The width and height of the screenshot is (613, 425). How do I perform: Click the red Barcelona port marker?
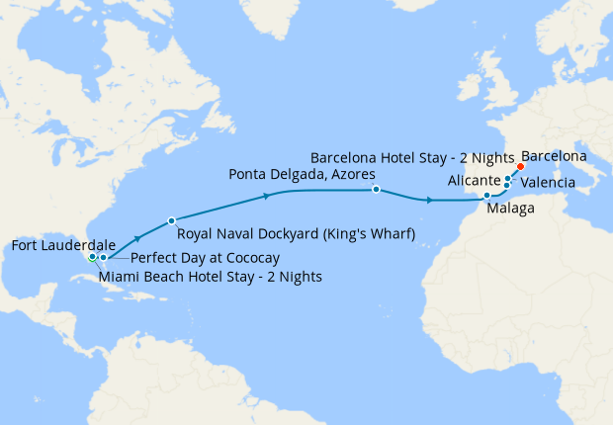point(520,167)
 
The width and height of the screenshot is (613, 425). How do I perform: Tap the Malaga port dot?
point(486,195)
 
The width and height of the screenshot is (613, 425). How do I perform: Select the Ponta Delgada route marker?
point(376,188)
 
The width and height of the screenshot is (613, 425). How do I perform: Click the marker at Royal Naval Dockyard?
point(172,220)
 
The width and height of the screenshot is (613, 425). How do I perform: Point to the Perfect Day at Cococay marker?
point(103,257)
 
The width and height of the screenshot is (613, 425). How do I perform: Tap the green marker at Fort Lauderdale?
point(92,257)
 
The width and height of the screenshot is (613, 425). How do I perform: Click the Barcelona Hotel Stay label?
point(412,157)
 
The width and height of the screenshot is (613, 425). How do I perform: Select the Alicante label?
point(474,181)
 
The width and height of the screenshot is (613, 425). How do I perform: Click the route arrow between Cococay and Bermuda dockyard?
point(137,237)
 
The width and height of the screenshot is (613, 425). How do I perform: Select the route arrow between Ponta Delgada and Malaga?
point(429,201)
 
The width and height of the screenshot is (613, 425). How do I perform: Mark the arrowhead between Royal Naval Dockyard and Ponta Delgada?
point(268,197)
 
